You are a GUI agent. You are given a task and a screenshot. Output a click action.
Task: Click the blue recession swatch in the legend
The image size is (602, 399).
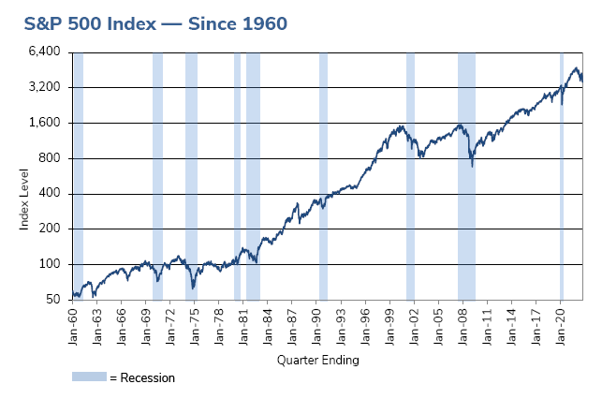pyautogui.click(x=89, y=377)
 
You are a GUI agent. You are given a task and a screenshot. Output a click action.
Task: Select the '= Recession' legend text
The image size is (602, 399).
pyautogui.click(x=141, y=377)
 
